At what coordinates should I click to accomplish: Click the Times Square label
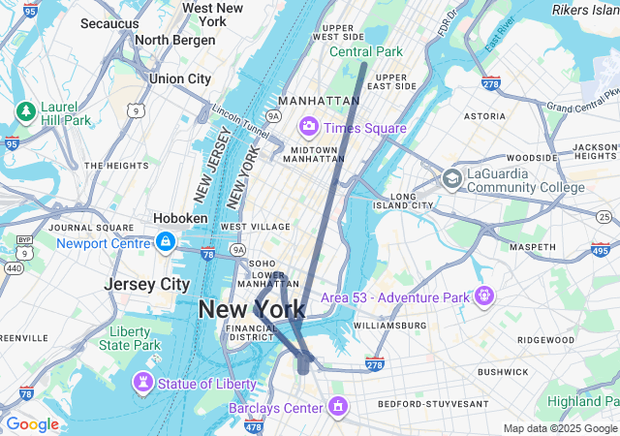[x=365, y=128]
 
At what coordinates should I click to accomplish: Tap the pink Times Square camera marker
[x=310, y=126]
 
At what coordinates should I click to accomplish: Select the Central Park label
[x=365, y=51]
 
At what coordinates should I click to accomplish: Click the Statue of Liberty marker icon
[x=142, y=384]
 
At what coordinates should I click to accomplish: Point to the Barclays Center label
[x=275, y=408]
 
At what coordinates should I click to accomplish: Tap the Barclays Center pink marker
[x=337, y=405]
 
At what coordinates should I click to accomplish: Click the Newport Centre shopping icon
[x=166, y=241]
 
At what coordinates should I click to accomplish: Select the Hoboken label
[x=180, y=218]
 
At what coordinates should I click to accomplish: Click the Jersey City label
[x=146, y=285]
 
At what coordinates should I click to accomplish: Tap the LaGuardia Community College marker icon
[x=451, y=178]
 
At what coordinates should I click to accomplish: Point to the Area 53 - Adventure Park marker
[x=483, y=295]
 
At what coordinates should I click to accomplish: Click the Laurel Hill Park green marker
[x=24, y=112]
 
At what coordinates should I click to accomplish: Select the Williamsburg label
[x=388, y=326]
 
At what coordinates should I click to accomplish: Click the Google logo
[x=32, y=423]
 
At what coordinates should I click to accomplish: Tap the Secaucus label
[x=109, y=22]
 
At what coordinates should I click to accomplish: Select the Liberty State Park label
[x=129, y=338]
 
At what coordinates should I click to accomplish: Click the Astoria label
[x=484, y=116]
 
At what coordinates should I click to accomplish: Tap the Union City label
[x=179, y=78]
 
